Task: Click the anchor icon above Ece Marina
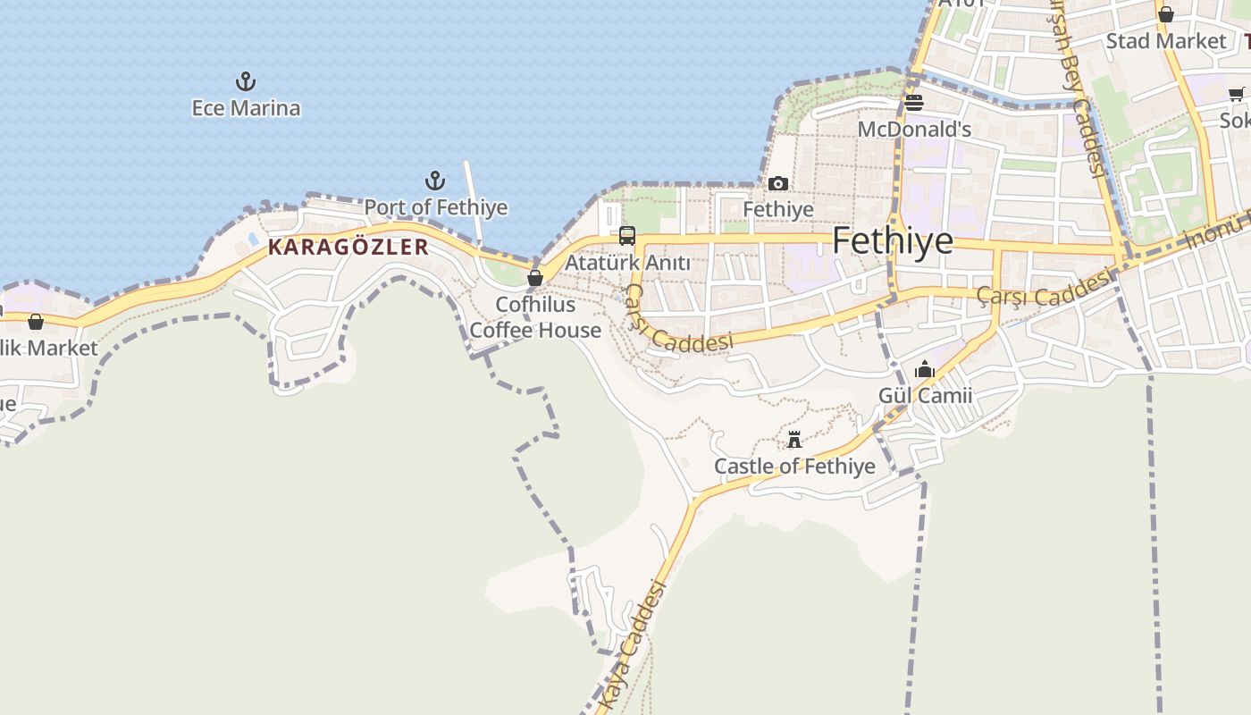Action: coord(246,82)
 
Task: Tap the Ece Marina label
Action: coord(246,108)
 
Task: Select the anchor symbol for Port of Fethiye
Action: coord(435,181)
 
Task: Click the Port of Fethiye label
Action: coord(435,207)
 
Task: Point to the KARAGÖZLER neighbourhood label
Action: coord(348,247)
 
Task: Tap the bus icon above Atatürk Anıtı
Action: coord(627,236)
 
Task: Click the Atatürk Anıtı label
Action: coord(628,263)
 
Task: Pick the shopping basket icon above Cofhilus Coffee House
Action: coord(535,278)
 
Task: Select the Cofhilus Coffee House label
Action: coord(535,317)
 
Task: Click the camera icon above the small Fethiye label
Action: coord(778,183)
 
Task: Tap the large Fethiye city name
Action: coord(893,241)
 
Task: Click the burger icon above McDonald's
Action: coord(913,103)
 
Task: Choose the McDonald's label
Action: coord(914,130)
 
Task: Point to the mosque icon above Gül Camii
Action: coord(925,369)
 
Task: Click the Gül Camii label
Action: coord(925,395)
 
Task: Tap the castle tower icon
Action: coord(794,440)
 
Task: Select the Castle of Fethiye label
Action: coord(794,466)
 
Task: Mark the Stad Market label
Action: coord(1166,41)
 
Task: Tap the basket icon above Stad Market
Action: coord(1166,14)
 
